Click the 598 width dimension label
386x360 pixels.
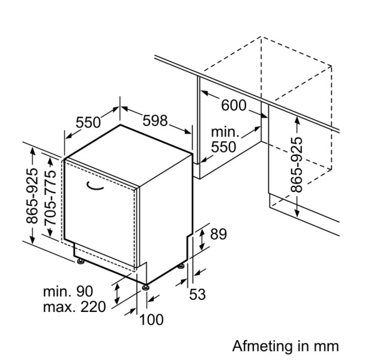[155, 121]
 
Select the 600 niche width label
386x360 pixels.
[234, 105]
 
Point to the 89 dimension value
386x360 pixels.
[219, 234]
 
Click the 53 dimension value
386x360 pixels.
[198, 294]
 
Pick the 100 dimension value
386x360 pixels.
[151, 320]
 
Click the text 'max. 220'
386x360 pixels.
[74, 307]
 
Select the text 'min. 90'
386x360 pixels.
[68, 292]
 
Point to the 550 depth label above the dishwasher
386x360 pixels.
[88, 122]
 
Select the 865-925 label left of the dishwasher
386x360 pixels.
[33, 196]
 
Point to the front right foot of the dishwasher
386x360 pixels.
[145, 287]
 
